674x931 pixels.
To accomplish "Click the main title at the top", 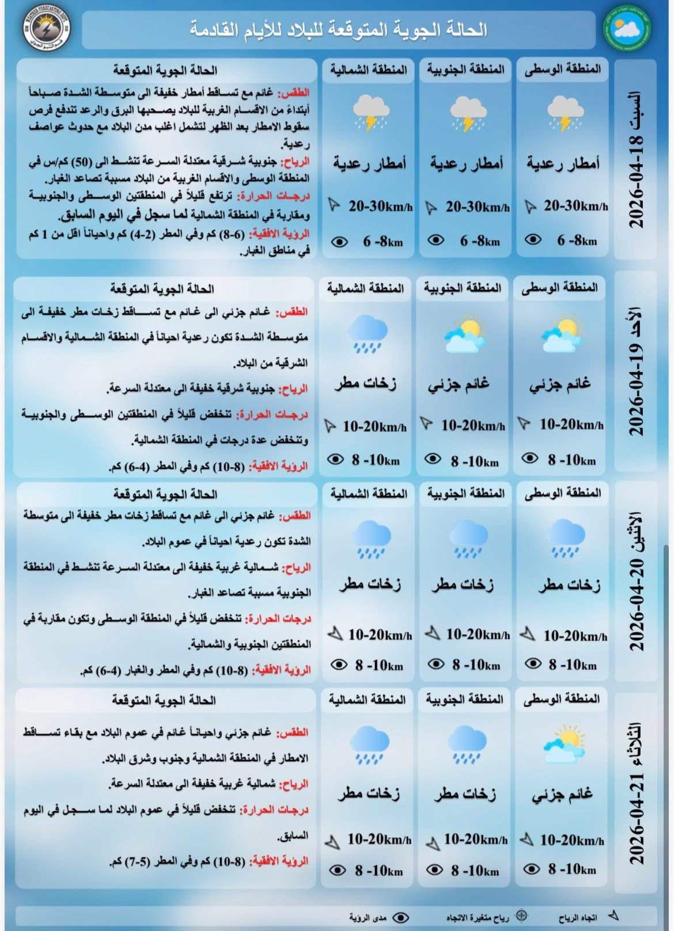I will coord(339,30).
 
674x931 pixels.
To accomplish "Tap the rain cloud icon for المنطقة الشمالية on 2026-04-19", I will coord(367,333).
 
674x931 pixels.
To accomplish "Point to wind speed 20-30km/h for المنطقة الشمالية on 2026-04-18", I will coord(380,206).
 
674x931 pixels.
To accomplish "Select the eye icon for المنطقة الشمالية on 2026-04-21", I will coord(338,869).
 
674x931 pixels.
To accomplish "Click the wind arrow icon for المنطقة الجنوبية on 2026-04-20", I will coord(432,634).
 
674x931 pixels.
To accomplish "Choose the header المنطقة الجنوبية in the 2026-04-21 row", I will coord(464,699).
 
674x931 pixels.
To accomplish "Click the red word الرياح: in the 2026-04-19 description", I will coord(293,390).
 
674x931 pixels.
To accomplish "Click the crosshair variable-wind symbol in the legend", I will coord(521,915).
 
